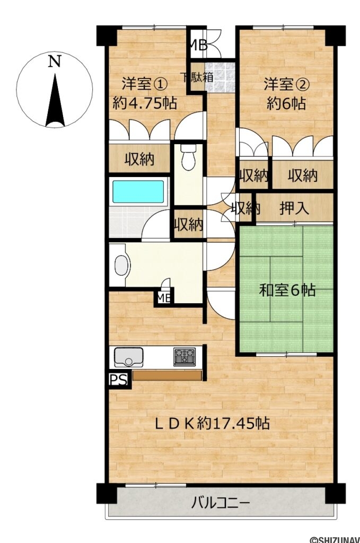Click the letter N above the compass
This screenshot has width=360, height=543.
click(x=55, y=62)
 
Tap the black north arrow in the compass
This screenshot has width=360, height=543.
click(x=55, y=100)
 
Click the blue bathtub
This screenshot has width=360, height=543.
click(x=138, y=191)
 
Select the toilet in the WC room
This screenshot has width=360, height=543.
click(x=188, y=157)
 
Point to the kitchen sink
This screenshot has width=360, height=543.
click(x=128, y=357)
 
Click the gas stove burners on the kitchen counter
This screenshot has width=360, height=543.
click(x=185, y=357)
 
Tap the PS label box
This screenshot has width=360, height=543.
click(x=119, y=380)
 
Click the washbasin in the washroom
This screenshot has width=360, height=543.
click(x=121, y=266)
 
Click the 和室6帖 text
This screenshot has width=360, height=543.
click(x=287, y=290)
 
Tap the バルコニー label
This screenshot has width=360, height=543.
click(x=221, y=502)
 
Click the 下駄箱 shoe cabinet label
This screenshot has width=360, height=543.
click(x=198, y=77)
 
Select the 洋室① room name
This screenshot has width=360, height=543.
click(x=144, y=84)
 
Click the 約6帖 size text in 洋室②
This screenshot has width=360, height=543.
click(x=286, y=103)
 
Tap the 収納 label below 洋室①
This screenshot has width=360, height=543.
click(x=139, y=159)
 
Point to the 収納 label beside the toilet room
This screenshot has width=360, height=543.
click(x=188, y=225)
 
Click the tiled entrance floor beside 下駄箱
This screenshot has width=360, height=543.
click(x=220, y=77)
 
